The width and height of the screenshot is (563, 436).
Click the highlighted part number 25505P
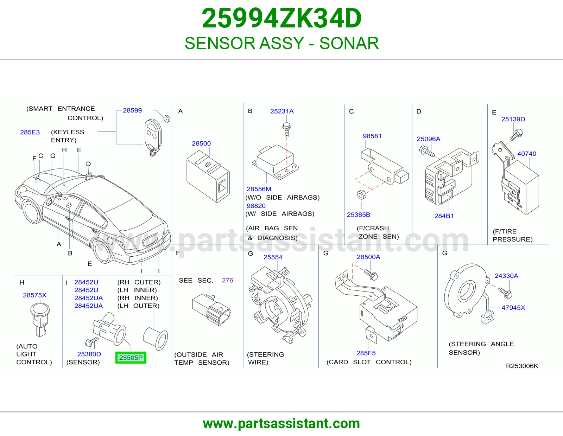click(131, 358)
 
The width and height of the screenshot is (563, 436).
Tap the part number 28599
click(132, 110)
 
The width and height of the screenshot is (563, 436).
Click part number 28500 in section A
click(201, 143)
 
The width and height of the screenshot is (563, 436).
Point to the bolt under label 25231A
click(286, 130)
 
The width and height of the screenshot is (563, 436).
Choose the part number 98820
click(256, 206)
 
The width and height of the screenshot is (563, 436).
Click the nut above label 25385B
click(362, 195)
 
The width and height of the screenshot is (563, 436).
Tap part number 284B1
click(444, 216)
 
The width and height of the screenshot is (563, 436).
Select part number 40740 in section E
click(527, 154)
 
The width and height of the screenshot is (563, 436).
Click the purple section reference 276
click(227, 280)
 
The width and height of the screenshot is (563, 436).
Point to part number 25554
click(273, 257)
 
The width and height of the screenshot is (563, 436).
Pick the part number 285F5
click(366, 353)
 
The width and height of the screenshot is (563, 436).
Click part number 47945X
click(513, 308)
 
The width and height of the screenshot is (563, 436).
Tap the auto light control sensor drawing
click(40, 320)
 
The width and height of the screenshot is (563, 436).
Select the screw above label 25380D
click(92, 341)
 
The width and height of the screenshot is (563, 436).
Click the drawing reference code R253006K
click(522, 366)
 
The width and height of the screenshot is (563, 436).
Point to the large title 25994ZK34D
click(281, 18)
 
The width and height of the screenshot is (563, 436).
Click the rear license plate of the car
click(150, 240)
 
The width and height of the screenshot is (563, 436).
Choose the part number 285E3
click(30, 132)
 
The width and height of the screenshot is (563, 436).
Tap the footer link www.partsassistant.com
click(281, 424)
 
